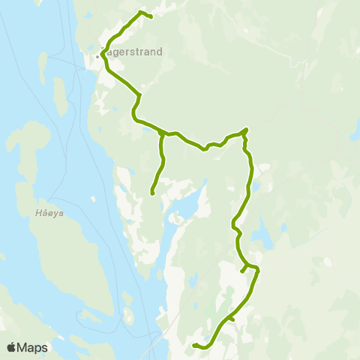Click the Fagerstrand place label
(133, 52)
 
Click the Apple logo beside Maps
(12, 347)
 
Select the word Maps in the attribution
(33, 347)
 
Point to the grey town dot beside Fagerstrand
(97, 55)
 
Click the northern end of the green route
(151, 16)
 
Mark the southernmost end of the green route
(193, 345)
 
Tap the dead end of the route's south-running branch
(152, 193)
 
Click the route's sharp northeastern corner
(247, 130)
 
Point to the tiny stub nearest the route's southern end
(232, 319)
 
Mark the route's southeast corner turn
(257, 268)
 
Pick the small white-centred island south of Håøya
(127, 314)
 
